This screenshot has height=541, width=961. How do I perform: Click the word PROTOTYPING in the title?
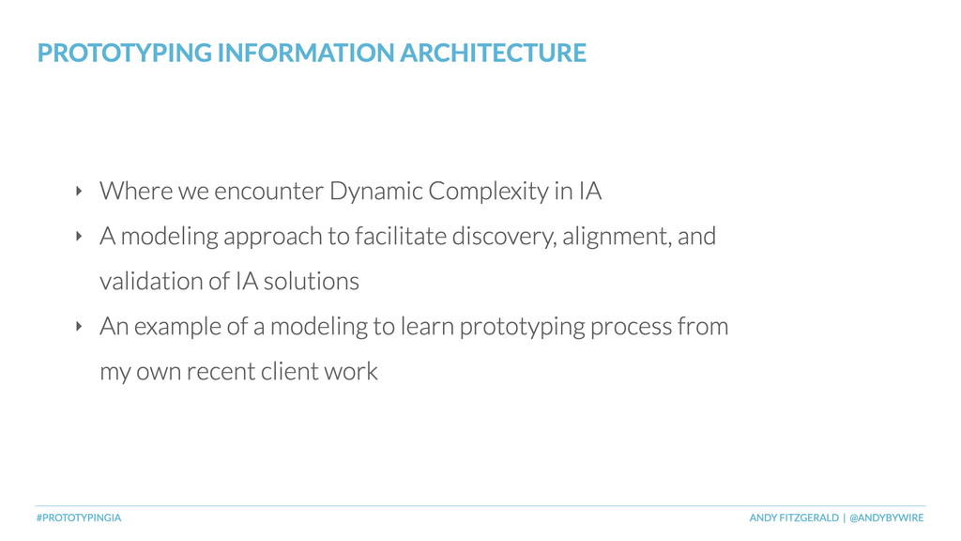[x=125, y=53]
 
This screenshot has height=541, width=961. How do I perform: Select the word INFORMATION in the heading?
[x=306, y=53]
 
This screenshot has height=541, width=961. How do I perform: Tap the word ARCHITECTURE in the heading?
[x=494, y=53]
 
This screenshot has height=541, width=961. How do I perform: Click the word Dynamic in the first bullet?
[x=375, y=192]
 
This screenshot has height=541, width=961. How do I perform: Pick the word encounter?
[x=268, y=192]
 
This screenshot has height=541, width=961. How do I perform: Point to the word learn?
[x=427, y=326]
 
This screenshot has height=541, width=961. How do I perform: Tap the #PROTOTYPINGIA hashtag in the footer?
[x=79, y=518]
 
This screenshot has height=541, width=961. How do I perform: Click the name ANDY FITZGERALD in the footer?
[x=794, y=518]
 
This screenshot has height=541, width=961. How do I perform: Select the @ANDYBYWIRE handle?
[x=886, y=518]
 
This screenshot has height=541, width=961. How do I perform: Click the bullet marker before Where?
[x=79, y=192]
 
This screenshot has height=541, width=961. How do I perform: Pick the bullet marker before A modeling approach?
[x=79, y=236]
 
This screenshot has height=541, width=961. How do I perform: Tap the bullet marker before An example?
[x=79, y=326]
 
